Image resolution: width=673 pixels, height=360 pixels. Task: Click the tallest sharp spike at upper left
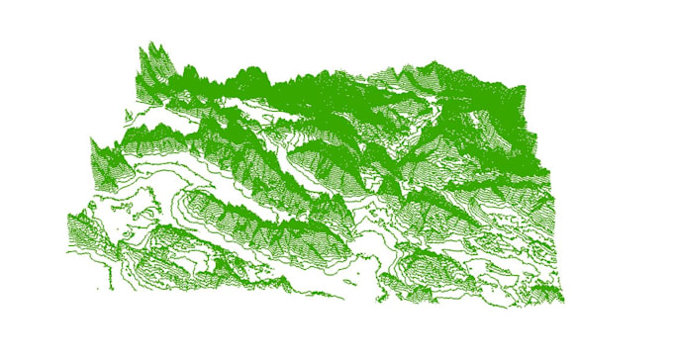[154, 44]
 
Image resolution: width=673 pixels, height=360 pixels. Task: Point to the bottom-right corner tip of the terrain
[563, 299]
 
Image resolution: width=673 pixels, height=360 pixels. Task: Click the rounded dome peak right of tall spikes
[254, 71]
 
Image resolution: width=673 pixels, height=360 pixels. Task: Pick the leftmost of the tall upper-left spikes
[140, 51]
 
